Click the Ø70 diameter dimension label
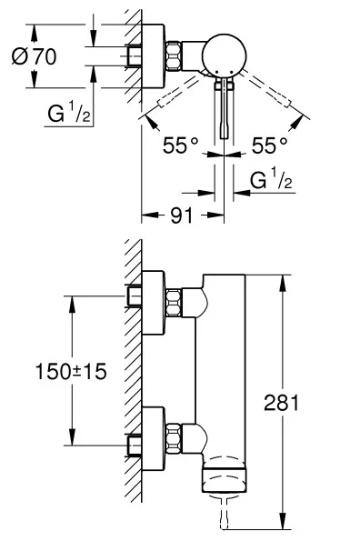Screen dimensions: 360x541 pos(34,56)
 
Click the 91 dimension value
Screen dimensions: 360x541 pos(182,215)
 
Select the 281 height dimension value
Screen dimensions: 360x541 pos(282,402)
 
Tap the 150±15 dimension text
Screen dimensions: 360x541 pos(71,372)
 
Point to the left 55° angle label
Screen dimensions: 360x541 pos(180,145)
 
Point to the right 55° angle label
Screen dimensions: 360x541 pos(269,145)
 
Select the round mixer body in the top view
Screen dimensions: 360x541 pos(225,55)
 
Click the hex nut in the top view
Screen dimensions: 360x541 pos(174,55)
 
